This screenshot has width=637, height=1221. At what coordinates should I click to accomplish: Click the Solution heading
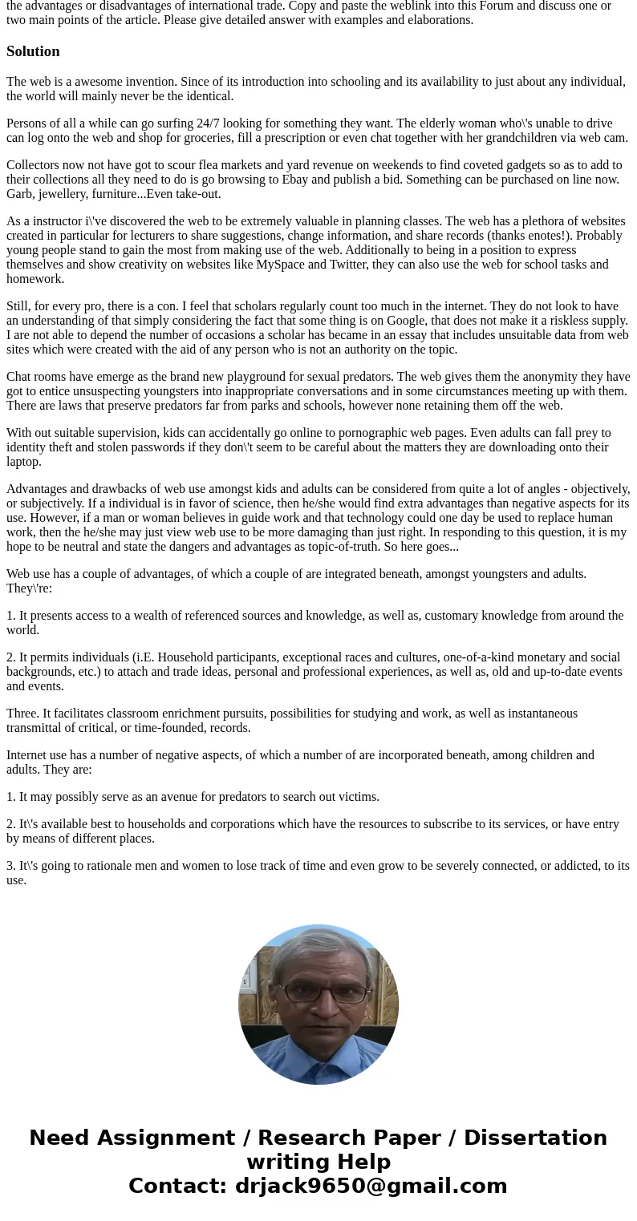[x=33, y=51]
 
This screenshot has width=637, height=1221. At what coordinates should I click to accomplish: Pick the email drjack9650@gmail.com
[x=371, y=1187]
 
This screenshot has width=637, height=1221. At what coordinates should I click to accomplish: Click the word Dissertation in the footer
[x=535, y=1138]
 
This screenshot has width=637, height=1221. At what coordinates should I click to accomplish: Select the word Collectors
[x=34, y=165]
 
